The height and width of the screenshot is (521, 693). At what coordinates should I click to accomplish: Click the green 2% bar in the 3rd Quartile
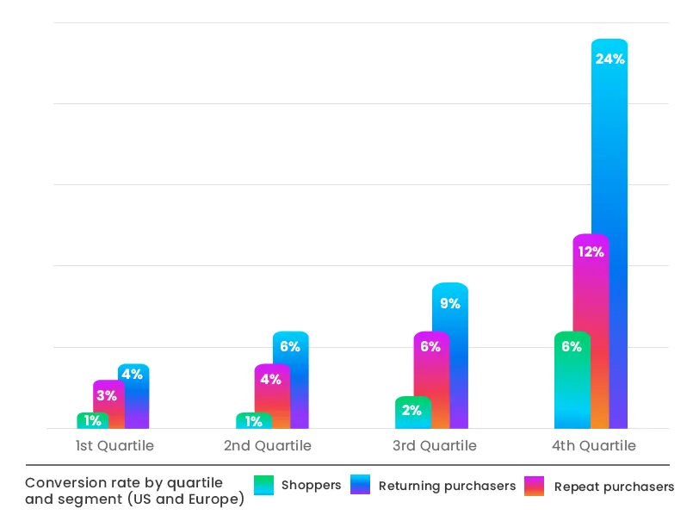pos(412,412)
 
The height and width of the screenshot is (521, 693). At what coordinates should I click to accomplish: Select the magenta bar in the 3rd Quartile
pos(430,380)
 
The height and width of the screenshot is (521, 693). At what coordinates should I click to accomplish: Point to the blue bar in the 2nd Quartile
pos(291,380)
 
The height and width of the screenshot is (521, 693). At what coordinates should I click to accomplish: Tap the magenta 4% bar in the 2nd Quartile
pos(271,396)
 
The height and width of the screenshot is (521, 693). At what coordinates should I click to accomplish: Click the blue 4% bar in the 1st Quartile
pos(133,396)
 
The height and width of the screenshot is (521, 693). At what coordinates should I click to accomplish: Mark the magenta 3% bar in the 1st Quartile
pos(108,404)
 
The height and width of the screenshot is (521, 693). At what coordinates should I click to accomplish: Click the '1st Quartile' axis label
pos(114,446)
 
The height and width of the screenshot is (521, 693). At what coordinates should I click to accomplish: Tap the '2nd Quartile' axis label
pos(268,446)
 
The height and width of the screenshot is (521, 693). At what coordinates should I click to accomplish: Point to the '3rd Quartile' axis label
pos(434,446)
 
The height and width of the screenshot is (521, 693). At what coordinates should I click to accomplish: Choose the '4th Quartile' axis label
pos(593,446)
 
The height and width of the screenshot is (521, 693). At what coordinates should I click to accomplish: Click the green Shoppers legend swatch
pos(264,485)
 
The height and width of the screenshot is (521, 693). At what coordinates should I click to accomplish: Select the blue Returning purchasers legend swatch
pos(361,485)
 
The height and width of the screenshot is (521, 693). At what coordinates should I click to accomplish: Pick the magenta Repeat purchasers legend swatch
pos(535,485)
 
